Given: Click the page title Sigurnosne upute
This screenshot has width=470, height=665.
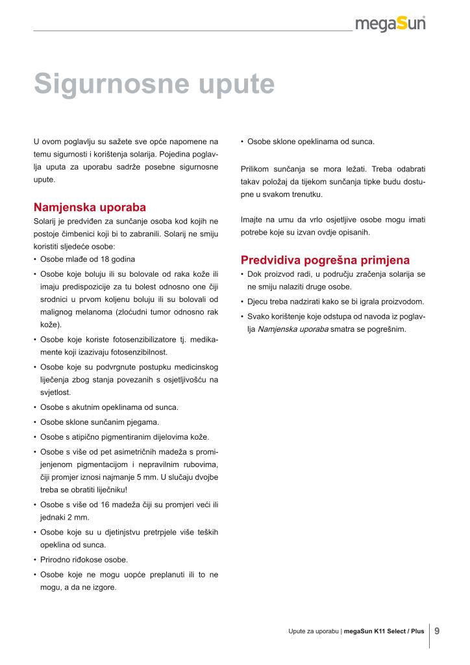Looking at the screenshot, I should (x=154, y=84).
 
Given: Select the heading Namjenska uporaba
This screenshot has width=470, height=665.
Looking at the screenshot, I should (x=90, y=207).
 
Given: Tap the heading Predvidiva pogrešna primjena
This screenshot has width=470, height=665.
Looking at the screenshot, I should (x=325, y=260).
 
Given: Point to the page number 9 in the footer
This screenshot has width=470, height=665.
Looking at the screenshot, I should (x=437, y=630).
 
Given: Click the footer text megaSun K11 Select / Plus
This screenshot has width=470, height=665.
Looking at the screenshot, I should (x=384, y=631).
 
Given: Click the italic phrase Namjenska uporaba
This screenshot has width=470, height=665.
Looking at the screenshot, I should (x=293, y=329).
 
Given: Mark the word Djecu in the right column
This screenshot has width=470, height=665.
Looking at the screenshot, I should (x=258, y=301).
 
